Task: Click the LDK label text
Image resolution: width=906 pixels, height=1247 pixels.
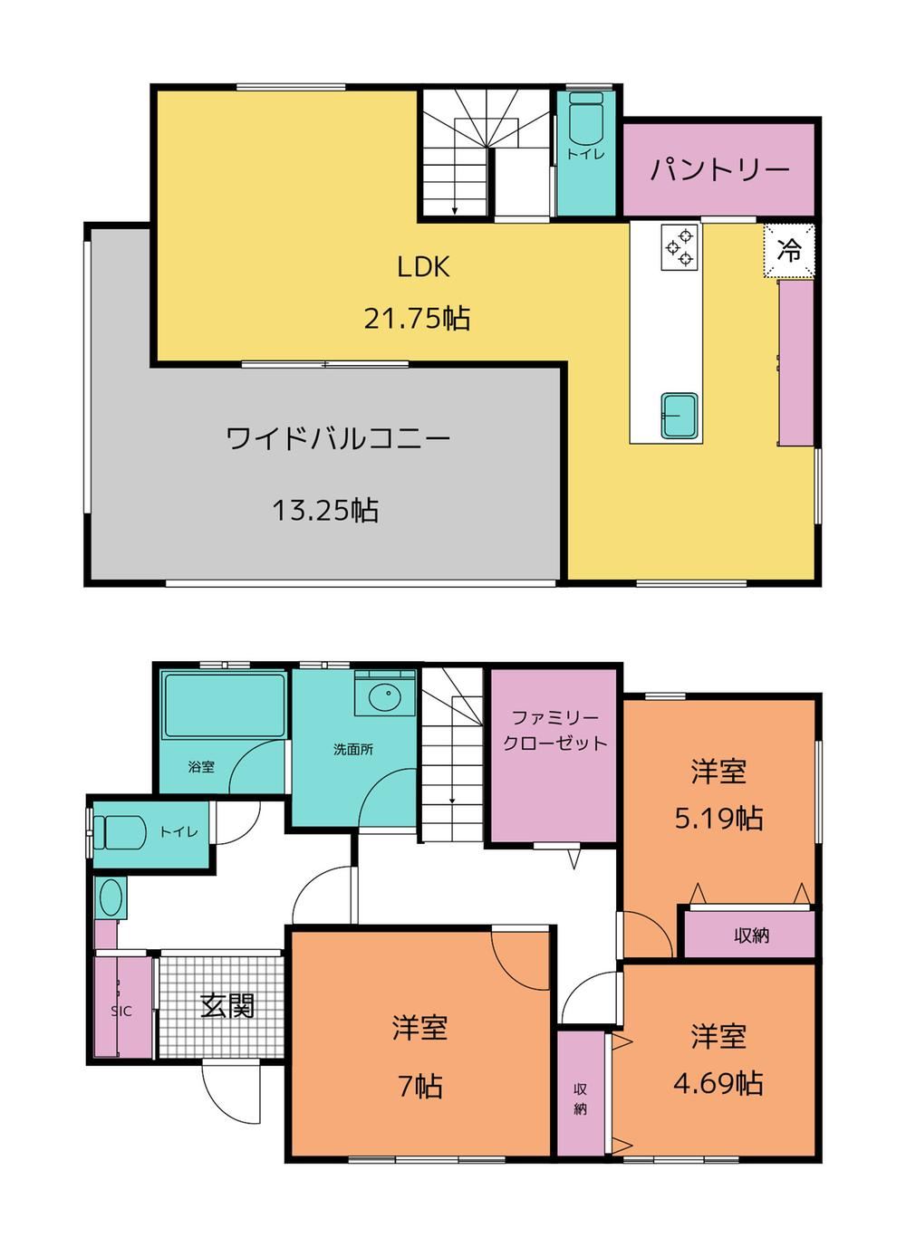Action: point(423,267)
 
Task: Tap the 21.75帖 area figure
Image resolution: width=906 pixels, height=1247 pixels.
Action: point(417,319)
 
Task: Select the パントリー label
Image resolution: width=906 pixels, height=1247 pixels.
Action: point(720,169)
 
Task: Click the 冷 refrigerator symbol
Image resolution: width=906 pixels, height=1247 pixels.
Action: point(789,250)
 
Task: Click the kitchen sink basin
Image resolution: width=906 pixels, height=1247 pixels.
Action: point(679,416)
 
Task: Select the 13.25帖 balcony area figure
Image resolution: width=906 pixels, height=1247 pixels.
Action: point(326,510)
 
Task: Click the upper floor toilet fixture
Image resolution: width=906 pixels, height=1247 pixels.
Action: point(586,120)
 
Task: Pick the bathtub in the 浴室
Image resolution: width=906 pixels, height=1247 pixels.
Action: point(223,705)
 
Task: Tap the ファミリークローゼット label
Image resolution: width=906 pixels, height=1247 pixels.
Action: point(554,731)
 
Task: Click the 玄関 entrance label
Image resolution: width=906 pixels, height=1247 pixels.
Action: point(227,1006)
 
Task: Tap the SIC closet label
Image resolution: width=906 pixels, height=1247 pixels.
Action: point(121,1012)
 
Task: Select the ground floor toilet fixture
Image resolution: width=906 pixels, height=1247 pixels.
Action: point(118,832)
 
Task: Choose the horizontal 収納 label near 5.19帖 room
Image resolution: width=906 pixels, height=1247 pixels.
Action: point(752,935)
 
